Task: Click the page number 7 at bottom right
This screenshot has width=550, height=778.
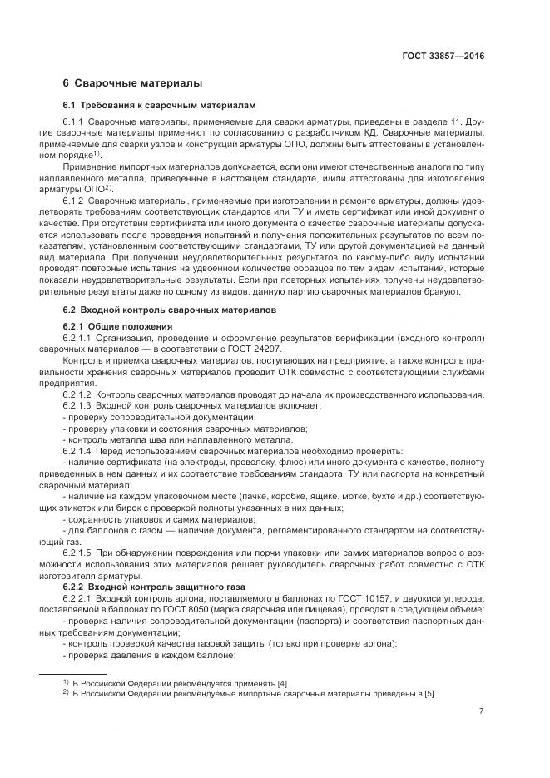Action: click(x=482, y=711)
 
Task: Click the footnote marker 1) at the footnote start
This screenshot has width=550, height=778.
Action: click(x=65, y=681)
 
